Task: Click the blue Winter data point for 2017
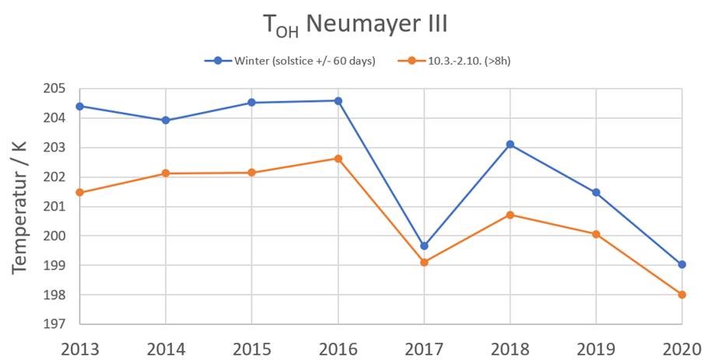pyautogui.click(x=424, y=246)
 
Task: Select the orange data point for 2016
pyautogui.click(x=338, y=159)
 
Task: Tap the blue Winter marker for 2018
pyautogui.click(x=510, y=144)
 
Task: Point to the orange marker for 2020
pyautogui.click(x=682, y=295)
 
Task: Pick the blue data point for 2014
pyautogui.click(x=166, y=121)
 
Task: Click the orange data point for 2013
pyautogui.click(x=80, y=192)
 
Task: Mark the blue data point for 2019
pyautogui.click(x=596, y=192)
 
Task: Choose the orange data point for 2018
pyautogui.click(x=510, y=215)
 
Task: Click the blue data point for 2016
pyautogui.click(x=338, y=100)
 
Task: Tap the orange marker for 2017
pyautogui.click(x=424, y=262)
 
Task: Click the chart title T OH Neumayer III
pyautogui.click(x=355, y=26)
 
